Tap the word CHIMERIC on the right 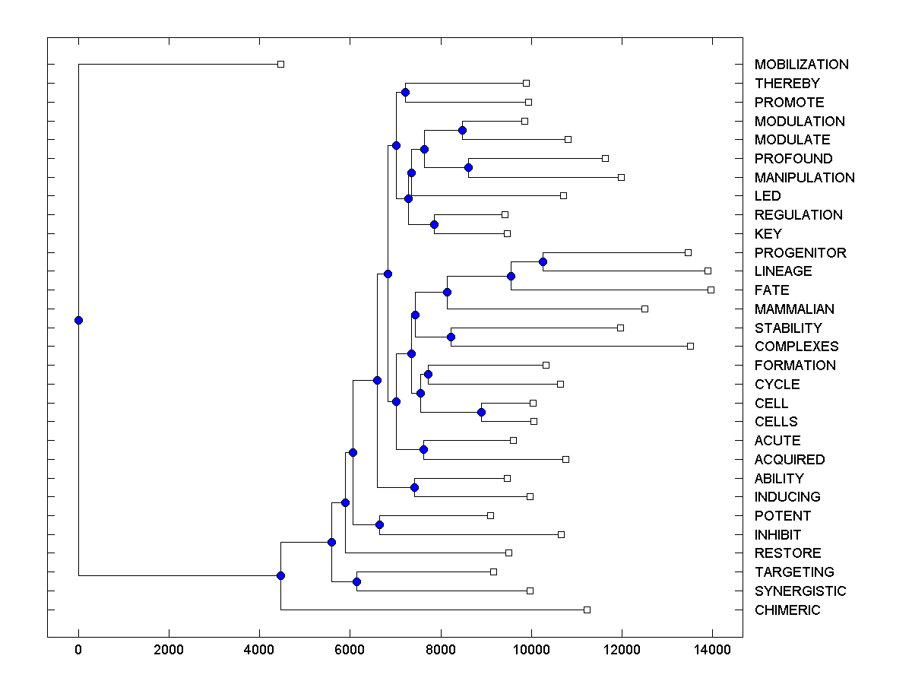point(787,610)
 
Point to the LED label point(768,196)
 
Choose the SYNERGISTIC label point(800,591)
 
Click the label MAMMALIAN point(794,309)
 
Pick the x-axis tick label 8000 point(441,650)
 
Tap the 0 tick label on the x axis point(78,650)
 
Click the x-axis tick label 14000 point(712,650)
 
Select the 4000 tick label point(259,650)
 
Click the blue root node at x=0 point(78,320)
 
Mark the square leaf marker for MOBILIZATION point(280,65)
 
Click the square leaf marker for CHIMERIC point(587,610)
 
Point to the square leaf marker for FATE point(711,290)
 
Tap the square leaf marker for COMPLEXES point(690,346)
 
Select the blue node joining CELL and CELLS point(481,412)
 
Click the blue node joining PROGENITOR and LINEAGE point(543,261)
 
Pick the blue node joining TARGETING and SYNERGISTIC point(356,581)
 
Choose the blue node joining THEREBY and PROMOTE point(405,92)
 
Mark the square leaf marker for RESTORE point(508,553)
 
